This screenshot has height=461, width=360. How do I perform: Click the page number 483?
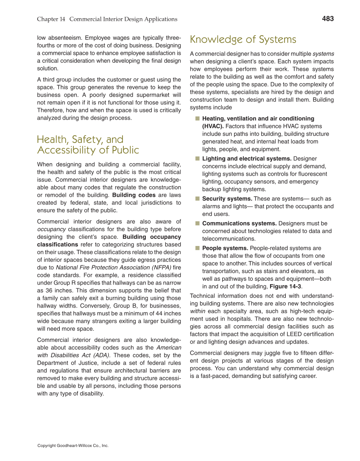(328, 19)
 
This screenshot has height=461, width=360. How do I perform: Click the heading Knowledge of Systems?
(243, 39)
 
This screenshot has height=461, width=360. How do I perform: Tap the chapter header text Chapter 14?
(51, 19)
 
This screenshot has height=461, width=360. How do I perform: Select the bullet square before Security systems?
(197, 198)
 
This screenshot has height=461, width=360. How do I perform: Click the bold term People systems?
(225, 248)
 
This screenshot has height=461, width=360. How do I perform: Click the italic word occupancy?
(51, 229)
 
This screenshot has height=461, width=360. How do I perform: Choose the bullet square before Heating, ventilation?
(197, 118)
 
